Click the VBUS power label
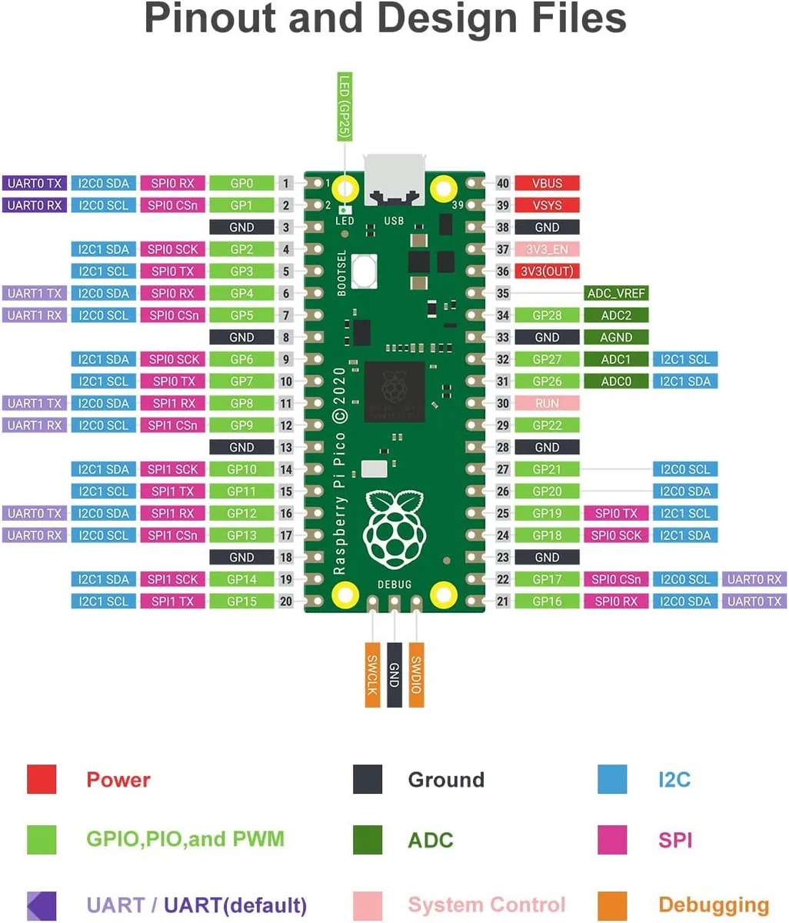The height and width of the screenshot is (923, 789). [x=547, y=183]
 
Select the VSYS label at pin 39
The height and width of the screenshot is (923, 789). [x=547, y=205]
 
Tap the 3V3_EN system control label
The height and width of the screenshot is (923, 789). [x=547, y=249]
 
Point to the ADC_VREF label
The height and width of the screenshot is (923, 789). [x=616, y=293]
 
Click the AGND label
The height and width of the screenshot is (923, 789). [x=616, y=337]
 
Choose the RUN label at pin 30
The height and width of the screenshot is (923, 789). [x=547, y=403]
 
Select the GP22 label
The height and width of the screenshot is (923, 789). [x=547, y=425]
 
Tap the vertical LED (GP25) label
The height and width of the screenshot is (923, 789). [x=345, y=107]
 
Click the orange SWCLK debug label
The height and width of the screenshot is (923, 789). [x=372, y=675]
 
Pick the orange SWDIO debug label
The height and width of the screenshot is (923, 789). [x=416, y=675]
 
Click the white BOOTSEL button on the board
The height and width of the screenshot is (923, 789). [x=364, y=271]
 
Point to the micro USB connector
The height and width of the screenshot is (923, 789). [x=394, y=180]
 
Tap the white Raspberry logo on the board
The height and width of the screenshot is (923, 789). [x=394, y=530]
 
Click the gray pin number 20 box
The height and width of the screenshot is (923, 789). [x=286, y=601]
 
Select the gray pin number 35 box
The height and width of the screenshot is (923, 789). [x=503, y=293]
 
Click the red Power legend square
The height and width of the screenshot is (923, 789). [x=42, y=778]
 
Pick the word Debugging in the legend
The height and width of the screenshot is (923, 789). [x=714, y=905]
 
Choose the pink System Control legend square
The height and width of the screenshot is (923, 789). [x=367, y=905]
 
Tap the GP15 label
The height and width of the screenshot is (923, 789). [x=241, y=601]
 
